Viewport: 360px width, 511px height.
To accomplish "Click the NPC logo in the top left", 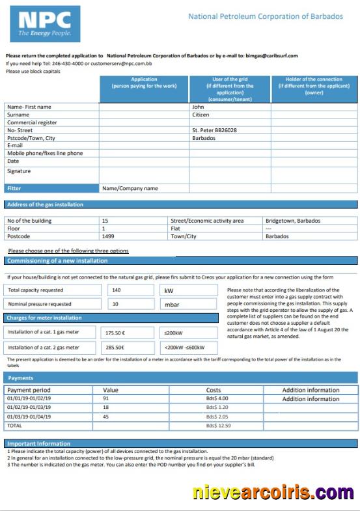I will (x=45, y=24).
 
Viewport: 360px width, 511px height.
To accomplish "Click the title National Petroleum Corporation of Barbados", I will (x=265, y=16).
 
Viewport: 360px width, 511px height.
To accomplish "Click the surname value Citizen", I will (x=201, y=115).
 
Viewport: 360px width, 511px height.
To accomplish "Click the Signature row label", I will (x=19, y=171).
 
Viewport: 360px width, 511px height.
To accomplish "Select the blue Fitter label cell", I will (x=51, y=188).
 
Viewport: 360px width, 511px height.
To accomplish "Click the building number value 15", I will (x=105, y=221).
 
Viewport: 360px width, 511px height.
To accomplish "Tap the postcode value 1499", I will (x=108, y=236).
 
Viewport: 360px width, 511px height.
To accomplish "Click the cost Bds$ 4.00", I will (x=217, y=398).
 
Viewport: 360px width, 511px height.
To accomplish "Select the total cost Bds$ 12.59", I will (x=218, y=425).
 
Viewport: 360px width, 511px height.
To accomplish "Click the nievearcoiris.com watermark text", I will (x=273, y=492).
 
